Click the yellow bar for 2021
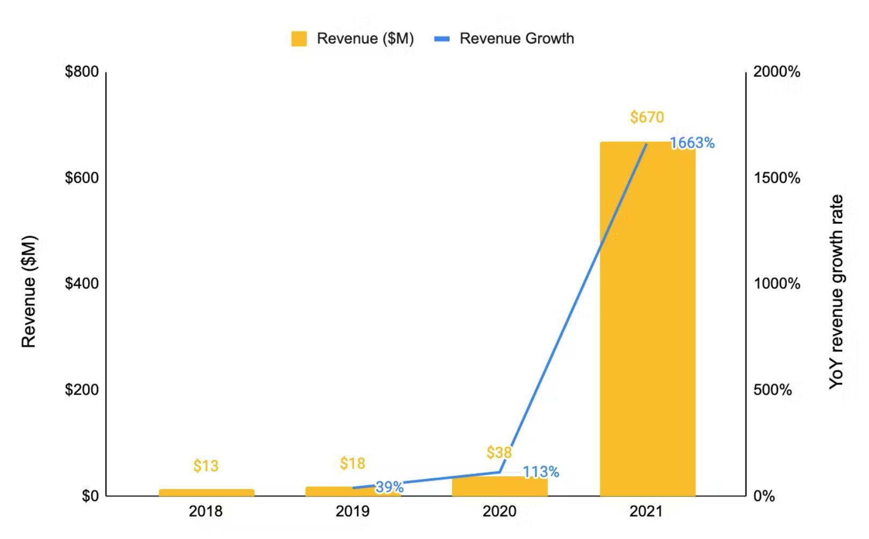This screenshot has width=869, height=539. pos(647,322)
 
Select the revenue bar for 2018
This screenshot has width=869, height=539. pos(206,492)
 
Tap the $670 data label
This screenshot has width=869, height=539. pos(647,117)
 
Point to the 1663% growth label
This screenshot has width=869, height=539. pos(692,143)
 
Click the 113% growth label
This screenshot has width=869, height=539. pos(541,472)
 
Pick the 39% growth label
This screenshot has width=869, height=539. pos(389,487)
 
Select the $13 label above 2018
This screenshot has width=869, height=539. pos(206,465)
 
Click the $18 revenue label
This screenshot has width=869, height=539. pos(352,463)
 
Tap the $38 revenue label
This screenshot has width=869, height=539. pos(499,453)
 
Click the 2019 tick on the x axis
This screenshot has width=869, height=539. pos(352,511)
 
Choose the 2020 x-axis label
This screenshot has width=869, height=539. pos(499,511)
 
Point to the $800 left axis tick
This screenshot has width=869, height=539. pos(82,71)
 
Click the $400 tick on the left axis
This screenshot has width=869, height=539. pos(82,283)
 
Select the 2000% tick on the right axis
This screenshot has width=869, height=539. pos(777,71)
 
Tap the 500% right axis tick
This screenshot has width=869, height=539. pos(772,390)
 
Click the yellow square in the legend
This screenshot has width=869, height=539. pos(299,39)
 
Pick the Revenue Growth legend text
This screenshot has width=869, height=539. pos(517,39)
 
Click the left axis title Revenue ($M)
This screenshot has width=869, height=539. pos(28,292)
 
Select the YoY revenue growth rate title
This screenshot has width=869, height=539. pos(836,292)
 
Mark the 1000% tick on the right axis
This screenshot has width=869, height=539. pos(777,283)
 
